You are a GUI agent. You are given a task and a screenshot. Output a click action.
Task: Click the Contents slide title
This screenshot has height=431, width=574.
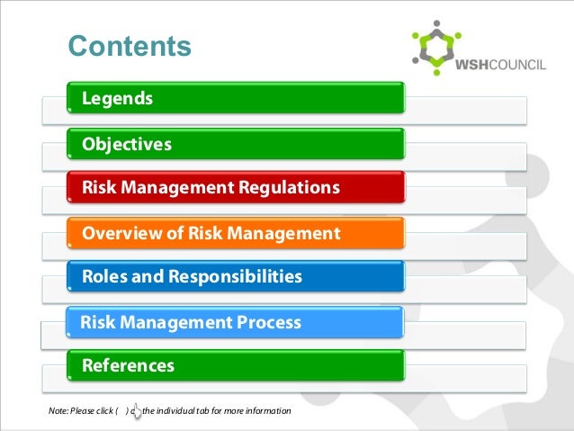click(130, 46)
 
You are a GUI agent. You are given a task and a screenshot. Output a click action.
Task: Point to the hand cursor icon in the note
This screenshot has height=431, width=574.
click(136, 410)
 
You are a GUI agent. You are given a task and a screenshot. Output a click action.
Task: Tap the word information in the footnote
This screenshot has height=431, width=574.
click(268, 412)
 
